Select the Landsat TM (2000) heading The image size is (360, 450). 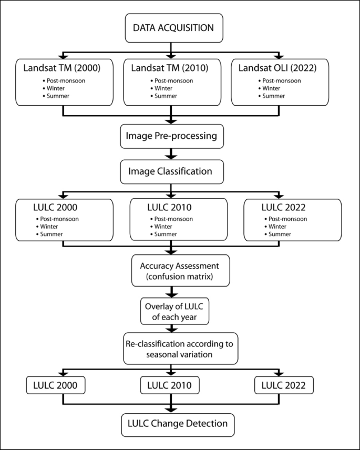tap(62, 68)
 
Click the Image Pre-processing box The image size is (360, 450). tap(171, 136)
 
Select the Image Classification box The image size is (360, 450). tap(171, 171)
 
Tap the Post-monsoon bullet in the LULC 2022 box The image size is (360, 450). tap(286, 219)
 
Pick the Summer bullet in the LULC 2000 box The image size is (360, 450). tap(52, 233)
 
